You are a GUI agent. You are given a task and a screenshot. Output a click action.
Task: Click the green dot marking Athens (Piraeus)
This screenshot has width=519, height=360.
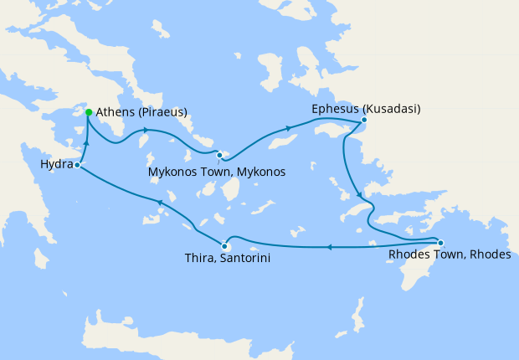pos(89,112)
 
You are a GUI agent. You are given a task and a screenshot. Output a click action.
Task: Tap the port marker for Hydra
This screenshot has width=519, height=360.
pos(76,165)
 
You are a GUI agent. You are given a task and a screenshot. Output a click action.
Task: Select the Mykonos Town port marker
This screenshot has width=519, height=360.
pos(219,155)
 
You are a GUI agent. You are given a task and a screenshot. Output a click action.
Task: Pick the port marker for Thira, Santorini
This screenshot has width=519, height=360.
pos(224,245)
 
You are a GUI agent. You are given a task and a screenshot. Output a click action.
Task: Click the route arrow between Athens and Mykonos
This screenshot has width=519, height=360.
pos(146,130)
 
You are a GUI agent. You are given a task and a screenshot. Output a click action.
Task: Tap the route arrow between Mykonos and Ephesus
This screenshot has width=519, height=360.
pos(290,128)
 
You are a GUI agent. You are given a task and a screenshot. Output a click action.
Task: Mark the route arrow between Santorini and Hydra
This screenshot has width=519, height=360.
pos(159,203)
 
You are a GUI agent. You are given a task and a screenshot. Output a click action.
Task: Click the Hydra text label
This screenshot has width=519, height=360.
pos(56,165)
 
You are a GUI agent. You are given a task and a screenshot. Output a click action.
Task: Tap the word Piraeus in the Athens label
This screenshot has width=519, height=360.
pos(162,112)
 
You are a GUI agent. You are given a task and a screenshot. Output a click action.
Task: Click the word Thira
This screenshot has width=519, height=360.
pos(199,259)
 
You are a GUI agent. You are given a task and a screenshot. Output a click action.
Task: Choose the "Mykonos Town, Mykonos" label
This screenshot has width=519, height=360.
pos(216,172)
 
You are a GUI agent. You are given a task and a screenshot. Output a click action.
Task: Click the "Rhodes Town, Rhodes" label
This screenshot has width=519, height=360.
pos(450,255)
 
